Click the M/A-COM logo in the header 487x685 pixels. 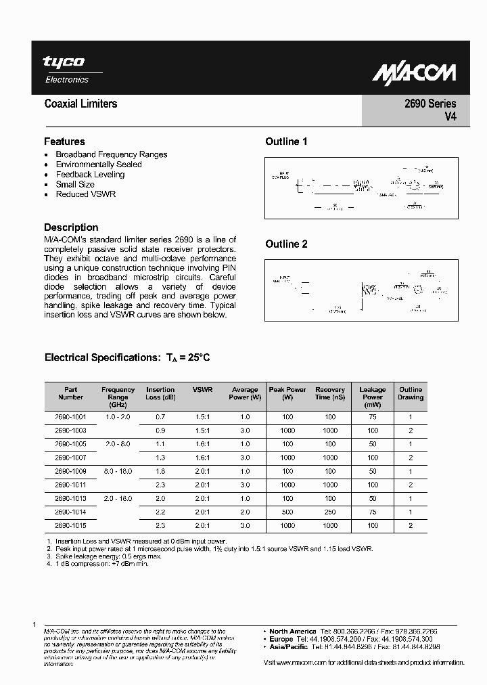click(x=415, y=72)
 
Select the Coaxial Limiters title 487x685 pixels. click(x=80, y=104)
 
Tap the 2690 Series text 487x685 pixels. click(x=431, y=104)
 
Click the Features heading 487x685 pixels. click(x=64, y=141)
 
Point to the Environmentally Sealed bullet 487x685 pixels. click(x=99, y=164)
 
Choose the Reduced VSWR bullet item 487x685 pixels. click(x=86, y=194)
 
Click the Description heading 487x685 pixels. click(x=71, y=227)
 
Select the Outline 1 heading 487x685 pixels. click(x=286, y=141)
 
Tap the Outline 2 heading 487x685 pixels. click(x=286, y=244)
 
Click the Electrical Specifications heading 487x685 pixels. click(x=127, y=357)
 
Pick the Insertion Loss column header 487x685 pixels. click(x=160, y=393)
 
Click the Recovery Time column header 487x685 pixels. click(x=330, y=393)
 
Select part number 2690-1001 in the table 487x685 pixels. click(x=71, y=417)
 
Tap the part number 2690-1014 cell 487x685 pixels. click(x=71, y=512)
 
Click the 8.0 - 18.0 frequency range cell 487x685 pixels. click(x=118, y=471)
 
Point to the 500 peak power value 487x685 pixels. click(x=287, y=512)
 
